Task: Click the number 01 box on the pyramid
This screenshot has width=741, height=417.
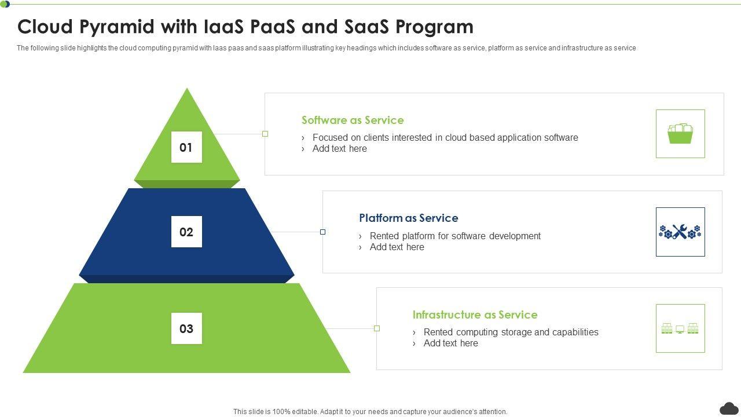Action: (186, 147)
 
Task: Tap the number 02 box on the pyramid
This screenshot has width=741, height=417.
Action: (186, 232)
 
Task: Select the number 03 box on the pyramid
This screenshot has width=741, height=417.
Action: (186, 328)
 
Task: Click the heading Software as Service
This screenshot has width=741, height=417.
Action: (353, 120)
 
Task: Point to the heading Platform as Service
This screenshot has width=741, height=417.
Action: (408, 218)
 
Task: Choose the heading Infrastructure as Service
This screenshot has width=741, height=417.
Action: (475, 315)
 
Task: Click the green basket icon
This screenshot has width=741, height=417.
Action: (680, 134)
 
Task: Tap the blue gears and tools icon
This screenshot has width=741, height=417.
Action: (680, 232)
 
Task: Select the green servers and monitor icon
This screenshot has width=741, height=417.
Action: (680, 328)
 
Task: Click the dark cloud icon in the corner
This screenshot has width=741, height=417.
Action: (729, 408)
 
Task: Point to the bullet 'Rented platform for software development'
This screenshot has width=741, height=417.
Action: (455, 236)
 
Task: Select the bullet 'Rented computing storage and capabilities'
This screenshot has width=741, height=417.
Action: (511, 332)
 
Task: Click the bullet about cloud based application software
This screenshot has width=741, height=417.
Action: (445, 138)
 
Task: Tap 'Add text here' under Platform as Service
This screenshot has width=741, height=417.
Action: (397, 247)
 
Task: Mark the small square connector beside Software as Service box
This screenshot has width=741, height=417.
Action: (265, 134)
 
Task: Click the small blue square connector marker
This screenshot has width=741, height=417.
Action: (322, 232)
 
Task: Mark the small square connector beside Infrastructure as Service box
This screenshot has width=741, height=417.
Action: (377, 328)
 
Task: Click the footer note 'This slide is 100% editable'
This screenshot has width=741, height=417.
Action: (370, 412)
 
